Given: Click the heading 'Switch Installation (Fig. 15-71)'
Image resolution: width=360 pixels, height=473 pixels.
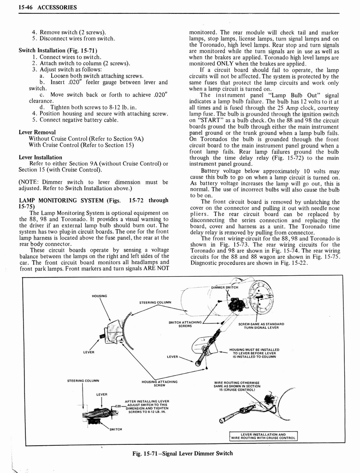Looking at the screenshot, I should coord(58,50).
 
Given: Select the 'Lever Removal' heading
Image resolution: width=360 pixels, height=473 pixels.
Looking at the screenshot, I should coord(37,132).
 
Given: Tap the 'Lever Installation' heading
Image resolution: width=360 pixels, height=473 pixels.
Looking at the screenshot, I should coord(40,157).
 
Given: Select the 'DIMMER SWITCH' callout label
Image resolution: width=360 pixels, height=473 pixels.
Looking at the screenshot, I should coord(225,287).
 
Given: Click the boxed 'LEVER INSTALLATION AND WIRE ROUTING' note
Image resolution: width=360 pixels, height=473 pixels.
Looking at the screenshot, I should coord(264,436).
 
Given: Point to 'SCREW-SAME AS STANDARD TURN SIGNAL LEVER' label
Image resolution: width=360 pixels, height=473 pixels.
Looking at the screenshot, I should coord(261,326).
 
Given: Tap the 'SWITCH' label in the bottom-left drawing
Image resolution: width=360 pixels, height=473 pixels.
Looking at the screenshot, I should coord(115,430).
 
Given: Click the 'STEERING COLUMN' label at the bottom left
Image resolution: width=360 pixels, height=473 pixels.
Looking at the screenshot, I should coord(83,381).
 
